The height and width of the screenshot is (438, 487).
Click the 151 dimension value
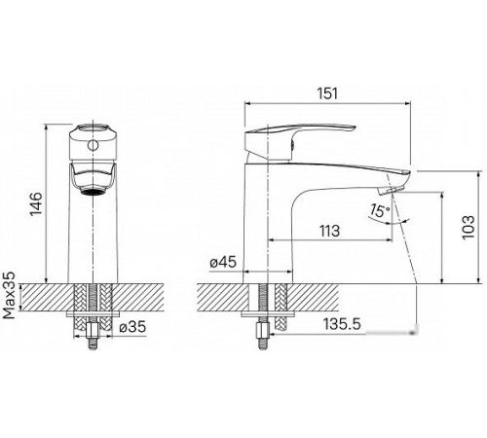coord(327,93)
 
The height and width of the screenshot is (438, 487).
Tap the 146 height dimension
coord(36,203)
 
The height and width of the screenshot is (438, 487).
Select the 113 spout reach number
coord(329,231)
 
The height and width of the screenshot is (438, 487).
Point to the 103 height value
coord(468,227)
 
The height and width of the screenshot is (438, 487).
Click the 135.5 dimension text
coord(342,324)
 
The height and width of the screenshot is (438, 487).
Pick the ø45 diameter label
coord(223,262)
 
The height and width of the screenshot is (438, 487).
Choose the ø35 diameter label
coord(132,327)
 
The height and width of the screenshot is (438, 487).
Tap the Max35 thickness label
coord(9,295)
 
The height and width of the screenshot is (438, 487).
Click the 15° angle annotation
coord(379,211)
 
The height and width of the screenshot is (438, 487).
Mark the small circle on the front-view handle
coord(93,146)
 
